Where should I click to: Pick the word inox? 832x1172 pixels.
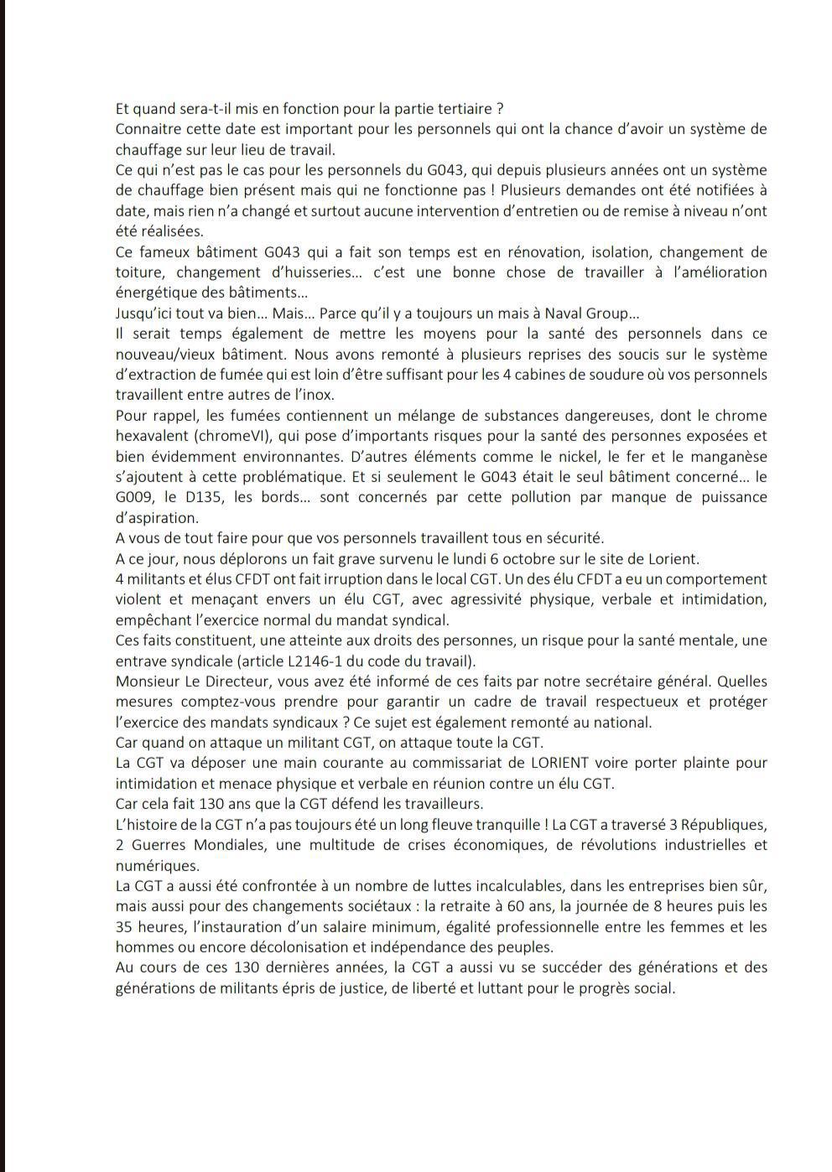tap(319, 395)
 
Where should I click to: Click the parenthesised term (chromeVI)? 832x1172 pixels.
tap(241, 436)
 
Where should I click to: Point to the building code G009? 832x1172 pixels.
tap(134, 497)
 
